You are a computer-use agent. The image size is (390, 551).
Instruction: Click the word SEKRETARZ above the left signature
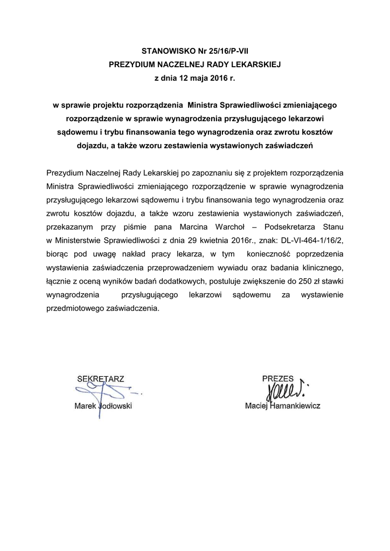(x=101, y=379)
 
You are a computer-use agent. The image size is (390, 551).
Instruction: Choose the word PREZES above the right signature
(x=278, y=379)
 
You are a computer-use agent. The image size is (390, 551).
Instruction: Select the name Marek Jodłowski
(x=103, y=406)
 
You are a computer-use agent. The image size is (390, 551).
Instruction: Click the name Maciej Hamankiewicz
(x=282, y=406)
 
